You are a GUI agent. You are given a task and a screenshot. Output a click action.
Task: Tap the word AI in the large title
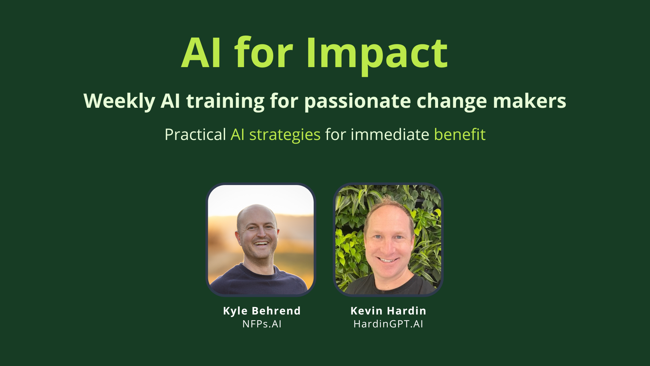click(x=202, y=54)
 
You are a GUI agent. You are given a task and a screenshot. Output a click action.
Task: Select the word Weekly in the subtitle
click(x=119, y=101)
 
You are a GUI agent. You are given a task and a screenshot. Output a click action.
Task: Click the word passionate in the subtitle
click(x=357, y=101)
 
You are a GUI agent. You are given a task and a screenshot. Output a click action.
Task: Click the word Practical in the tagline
click(x=195, y=135)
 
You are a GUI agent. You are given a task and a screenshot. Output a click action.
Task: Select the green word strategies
click(x=284, y=135)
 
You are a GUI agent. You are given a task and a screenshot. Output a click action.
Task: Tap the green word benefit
click(x=459, y=135)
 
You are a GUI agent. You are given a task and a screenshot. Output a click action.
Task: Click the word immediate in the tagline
click(x=390, y=135)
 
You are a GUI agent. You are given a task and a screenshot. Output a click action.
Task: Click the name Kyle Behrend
click(x=262, y=311)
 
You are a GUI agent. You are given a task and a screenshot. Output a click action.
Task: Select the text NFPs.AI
click(x=262, y=324)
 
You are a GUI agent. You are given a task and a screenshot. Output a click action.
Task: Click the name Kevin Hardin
click(x=388, y=311)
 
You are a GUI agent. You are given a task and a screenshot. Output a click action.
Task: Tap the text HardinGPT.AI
click(x=388, y=324)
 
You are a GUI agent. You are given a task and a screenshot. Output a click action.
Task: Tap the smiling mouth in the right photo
click(x=388, y=260)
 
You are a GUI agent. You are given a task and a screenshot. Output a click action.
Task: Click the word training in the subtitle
click(x=225, y=101)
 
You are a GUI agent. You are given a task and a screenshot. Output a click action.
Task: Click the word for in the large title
click(x=263, y=54)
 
